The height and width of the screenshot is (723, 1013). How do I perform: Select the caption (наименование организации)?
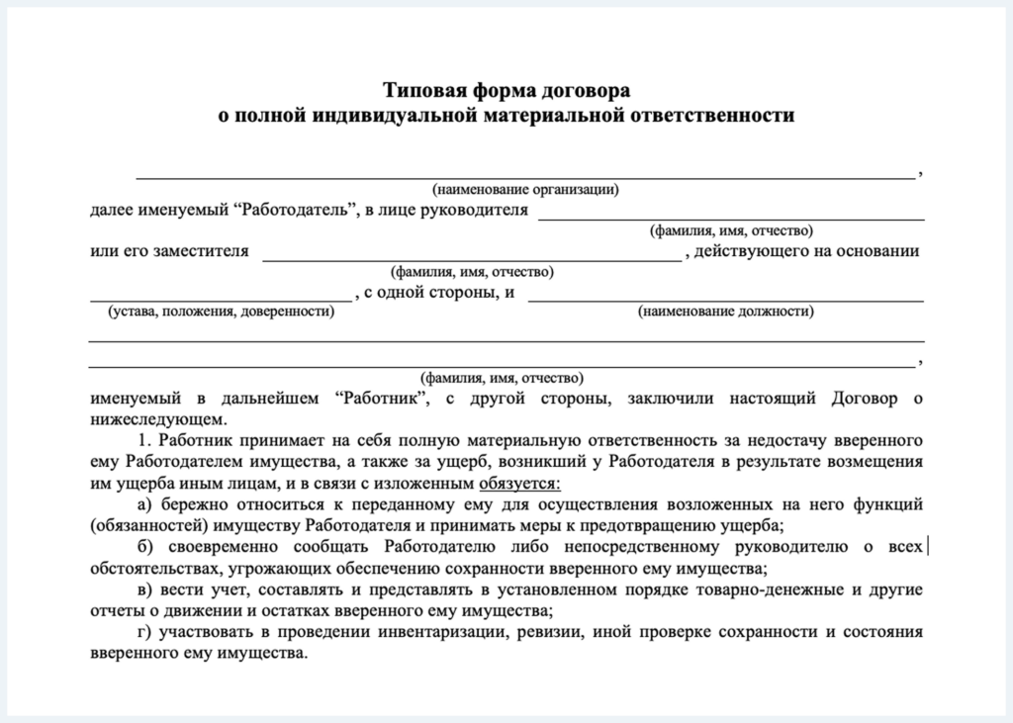pyautogui.click(x=525, y=189)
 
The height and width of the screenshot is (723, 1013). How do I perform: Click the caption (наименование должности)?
pyautogui.click(x=726, y=313)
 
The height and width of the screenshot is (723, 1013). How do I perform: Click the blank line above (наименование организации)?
pyautogui.click(x=525, y=177)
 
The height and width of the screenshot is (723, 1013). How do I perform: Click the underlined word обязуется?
pyautogui.click(x=518, y=483)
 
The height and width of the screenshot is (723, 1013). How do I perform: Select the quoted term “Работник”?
pyautogui.click(x=380, y=399)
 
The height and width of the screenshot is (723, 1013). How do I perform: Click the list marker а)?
pyautogui.click(x=146, y=504)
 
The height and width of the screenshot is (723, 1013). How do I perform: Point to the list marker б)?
pyautogui.click(x=146, y=547)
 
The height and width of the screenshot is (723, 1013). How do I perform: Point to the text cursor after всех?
pyautogui.click(x=927, y=546)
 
